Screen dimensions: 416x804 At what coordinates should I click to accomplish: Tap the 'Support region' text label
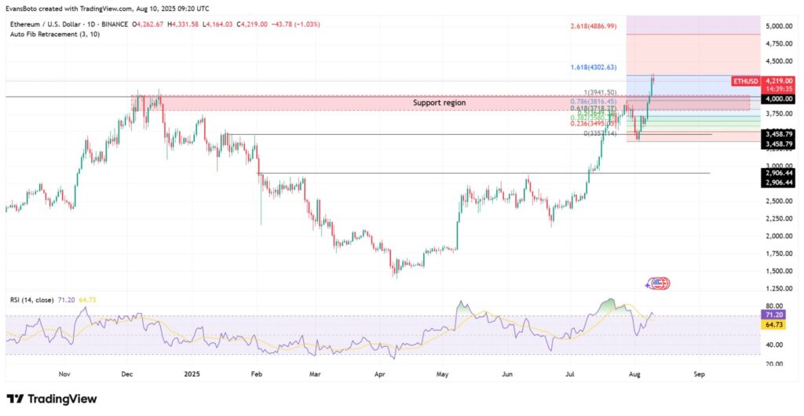point(439,103)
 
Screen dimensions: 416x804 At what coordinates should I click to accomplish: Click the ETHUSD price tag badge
point(746,81)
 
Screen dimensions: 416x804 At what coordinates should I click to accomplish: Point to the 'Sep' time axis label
point(700,374)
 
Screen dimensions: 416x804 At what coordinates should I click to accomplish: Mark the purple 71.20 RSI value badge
point(776,313)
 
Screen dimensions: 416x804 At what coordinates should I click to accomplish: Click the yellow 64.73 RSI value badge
point(776,323)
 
